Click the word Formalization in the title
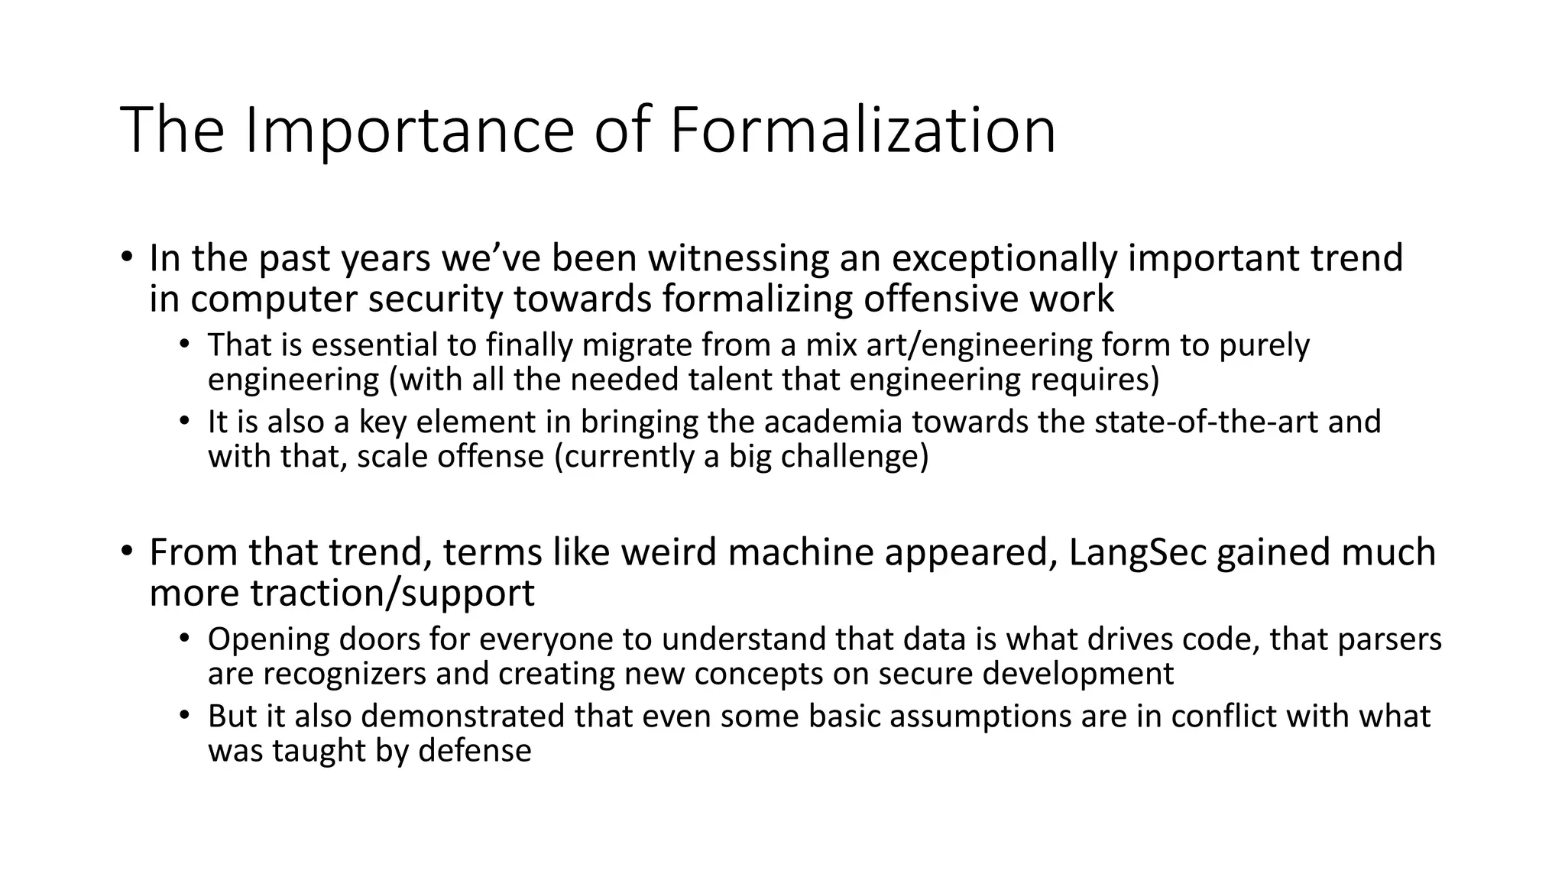(864, 131)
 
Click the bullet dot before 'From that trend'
(127, 551)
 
